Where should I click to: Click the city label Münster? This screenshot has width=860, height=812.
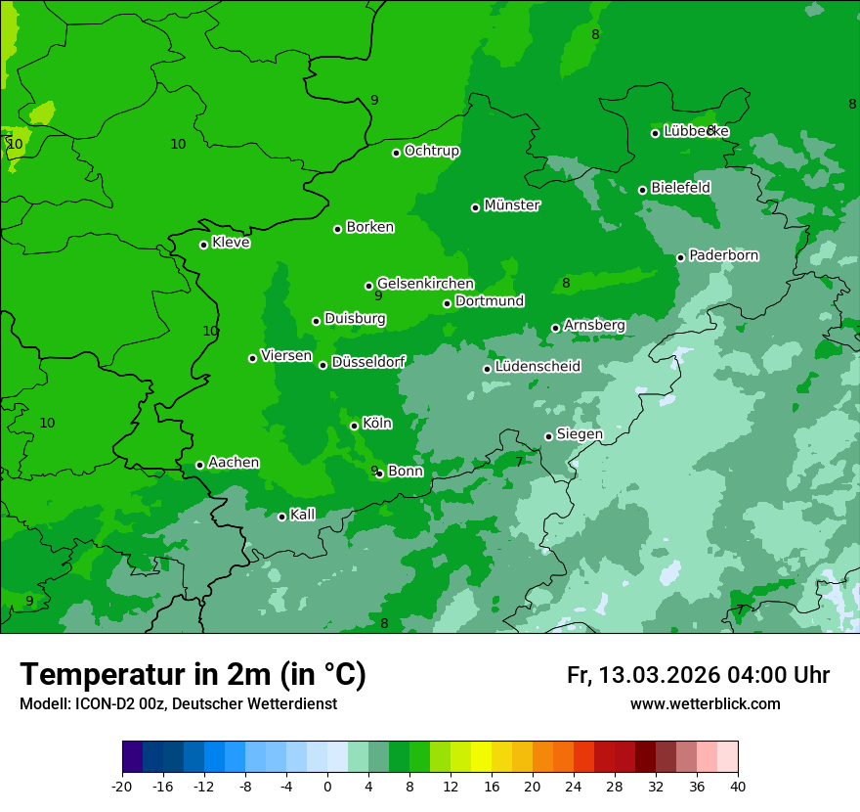512,205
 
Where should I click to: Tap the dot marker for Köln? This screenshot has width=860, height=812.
354,426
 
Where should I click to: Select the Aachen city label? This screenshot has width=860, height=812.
234,463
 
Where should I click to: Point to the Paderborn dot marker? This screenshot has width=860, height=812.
681,257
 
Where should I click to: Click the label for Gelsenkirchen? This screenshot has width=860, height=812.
425,284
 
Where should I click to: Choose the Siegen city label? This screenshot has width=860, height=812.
580,434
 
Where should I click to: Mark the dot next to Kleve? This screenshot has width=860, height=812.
203,245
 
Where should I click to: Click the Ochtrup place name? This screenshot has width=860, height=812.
432,151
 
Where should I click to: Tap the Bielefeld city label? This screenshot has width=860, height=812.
680,187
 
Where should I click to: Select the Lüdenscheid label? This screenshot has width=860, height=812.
537,367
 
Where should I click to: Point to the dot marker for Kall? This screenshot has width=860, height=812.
281,517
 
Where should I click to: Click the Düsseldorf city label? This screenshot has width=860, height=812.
368,362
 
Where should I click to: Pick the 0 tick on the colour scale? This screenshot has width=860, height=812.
327,786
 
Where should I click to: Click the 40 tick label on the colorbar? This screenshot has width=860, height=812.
737,786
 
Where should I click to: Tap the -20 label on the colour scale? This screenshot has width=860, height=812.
122,786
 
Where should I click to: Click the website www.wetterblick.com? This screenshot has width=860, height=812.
705,704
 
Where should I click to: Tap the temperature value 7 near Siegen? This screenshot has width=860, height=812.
519,462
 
